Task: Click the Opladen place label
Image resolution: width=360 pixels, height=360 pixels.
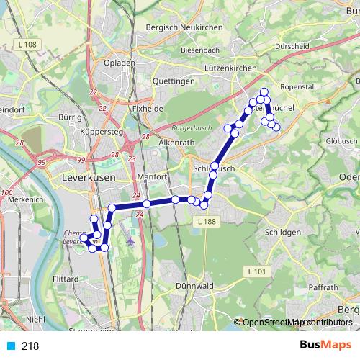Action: (x=120, y=63)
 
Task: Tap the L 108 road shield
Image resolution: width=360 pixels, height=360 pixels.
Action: (x=27, y=45)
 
